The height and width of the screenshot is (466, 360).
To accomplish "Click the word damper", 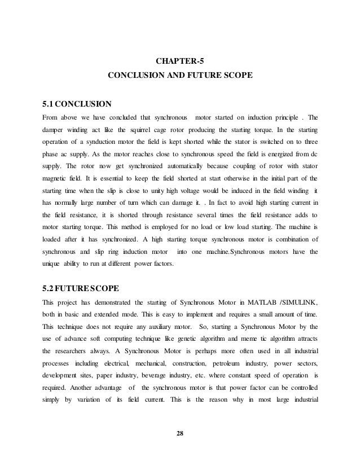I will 54,131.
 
